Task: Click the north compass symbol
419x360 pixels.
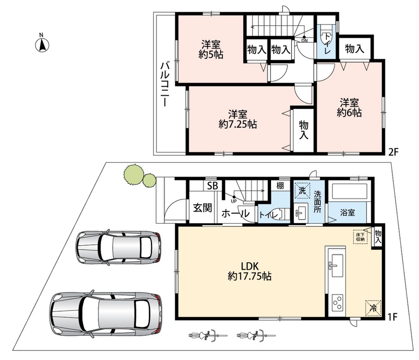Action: tap(42, 44)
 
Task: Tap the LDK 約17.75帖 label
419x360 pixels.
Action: tap(250, 271)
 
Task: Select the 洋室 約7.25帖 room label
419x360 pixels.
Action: tap(237, 119)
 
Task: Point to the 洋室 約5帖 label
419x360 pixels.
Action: tap(211, 49)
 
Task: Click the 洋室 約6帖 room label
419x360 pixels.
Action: tap(349, 108)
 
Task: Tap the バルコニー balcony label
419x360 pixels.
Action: tap(165, 84)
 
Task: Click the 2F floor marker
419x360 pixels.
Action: tap(393, 152)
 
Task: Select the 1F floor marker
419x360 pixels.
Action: tap(392, 317)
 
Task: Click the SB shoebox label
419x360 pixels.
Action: tap(213, 185)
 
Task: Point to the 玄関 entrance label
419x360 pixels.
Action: tap(203, 207)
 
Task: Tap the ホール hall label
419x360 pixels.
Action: tap(236, 213)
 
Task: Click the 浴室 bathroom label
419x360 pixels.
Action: tap(348, 213)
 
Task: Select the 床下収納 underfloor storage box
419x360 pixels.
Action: tap(360, 237)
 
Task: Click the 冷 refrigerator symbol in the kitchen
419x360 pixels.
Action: tap(373, 308)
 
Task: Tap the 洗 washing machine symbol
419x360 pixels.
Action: tap(302, 191)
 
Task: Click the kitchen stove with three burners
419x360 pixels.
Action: tap(337, 302)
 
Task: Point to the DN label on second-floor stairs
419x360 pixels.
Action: tap(304, 40)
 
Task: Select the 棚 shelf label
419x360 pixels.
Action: tap(280, 185)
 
